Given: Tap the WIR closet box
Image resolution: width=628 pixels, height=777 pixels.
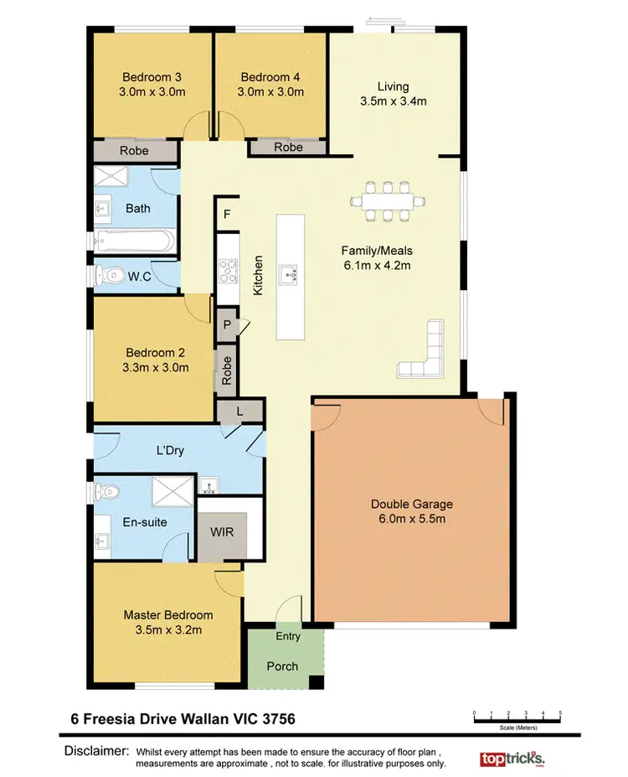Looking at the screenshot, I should pyautogui.click(x=221, y=532).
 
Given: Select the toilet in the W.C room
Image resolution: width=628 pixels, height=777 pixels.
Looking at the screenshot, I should pyautogui.click(x=110, y=273).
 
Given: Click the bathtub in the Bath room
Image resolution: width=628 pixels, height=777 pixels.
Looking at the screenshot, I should pyautogui.click(x=134, y=243).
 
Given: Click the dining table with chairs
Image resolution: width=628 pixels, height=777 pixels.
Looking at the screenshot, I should pyautogui.click(x=388, y=201).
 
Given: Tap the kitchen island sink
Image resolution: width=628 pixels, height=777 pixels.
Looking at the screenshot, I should pyautogui.click(x=290, y=272).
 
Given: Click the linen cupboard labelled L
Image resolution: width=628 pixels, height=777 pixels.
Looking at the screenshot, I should pyautogui.click(x=240, y=410).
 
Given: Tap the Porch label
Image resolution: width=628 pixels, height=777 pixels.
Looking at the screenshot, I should pyautogui.click(x=282, y=667).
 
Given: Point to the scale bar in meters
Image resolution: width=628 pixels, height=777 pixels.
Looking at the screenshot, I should pyautogui.click(x=517, y=718).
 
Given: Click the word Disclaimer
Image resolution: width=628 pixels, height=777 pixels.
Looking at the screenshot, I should pyautogui.click(x=96, y=750).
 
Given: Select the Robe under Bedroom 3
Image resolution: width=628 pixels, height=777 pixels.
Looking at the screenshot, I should pyautogui.click(x=134, y=151).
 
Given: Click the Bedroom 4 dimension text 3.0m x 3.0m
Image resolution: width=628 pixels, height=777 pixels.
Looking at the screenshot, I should pyautogui.click(x=270, y=92).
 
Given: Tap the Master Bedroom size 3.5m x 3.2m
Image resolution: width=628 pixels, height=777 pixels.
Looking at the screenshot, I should pyautogui.click(x=167, y=629).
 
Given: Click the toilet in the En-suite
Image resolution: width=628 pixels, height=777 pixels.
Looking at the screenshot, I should pyautogui.click(x=110, y=490).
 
